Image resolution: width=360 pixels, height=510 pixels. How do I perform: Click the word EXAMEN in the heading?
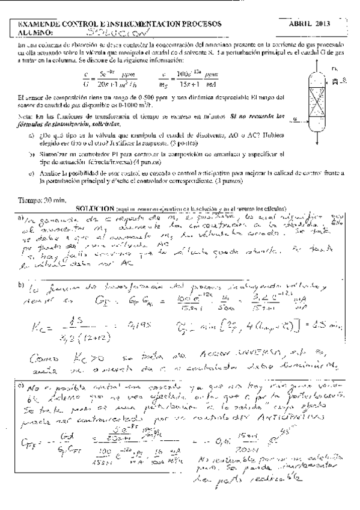pos(34,24)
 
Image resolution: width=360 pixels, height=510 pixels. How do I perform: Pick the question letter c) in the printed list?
pos(31,174)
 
